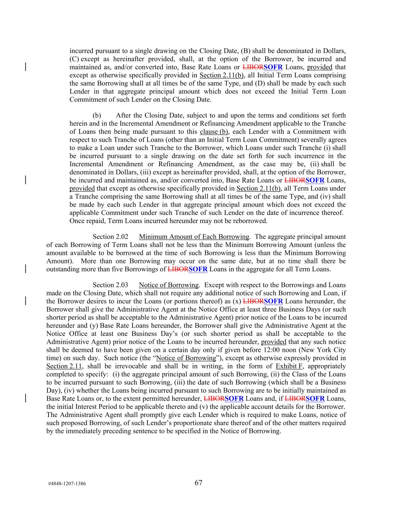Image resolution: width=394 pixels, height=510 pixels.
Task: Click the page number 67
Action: (x=198, y=483)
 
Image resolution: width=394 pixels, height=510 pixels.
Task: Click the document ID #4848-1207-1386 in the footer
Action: (x=67, y=483)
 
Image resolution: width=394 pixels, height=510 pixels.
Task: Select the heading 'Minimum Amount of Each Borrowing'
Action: (x=193, y=237)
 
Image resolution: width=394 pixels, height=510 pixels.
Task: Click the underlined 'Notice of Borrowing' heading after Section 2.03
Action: (x=168, y=285)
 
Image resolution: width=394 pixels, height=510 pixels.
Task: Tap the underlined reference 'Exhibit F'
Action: (x=289, y=366)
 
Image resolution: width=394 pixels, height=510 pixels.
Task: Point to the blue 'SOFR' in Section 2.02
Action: (x=198, y=269)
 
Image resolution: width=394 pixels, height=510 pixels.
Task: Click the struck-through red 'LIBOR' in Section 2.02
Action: (x=178, y=269)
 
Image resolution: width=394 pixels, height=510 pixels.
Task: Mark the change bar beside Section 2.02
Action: (x=25, y=269)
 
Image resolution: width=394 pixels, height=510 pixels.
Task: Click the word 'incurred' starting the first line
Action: (x=81, y=51)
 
